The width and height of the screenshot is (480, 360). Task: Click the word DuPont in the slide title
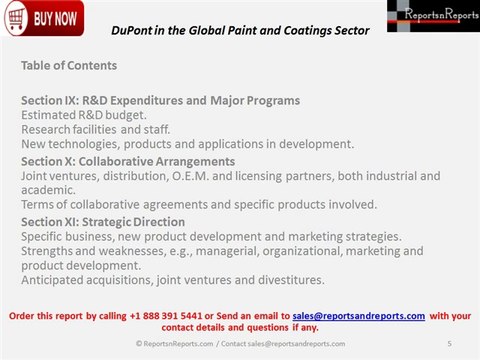coord(131,30)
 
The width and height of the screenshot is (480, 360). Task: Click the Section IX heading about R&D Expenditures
coord(160,101)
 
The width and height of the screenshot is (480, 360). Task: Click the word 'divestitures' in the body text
coord(287,279)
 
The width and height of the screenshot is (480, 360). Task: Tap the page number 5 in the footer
coord(450,343)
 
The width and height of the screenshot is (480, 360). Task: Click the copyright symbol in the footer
coord(139,343)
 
